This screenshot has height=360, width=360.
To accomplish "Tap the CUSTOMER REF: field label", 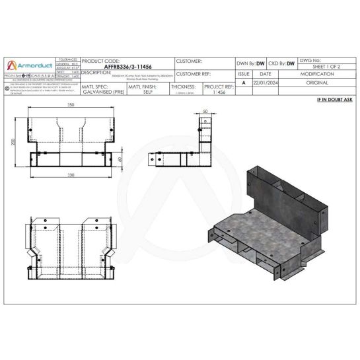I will coord(194,75).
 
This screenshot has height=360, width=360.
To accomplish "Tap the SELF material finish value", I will coord(148,93).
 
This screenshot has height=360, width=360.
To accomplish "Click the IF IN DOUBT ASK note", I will coord(334,99).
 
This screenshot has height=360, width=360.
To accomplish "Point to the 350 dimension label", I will coord(69,106).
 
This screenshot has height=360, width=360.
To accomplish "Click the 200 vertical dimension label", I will coord(13,142).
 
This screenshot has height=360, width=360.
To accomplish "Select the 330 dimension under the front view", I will coord(69,174).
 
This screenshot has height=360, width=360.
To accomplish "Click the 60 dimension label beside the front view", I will coord(120,159).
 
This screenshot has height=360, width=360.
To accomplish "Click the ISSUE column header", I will coord(244,75).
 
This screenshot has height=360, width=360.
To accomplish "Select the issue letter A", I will coord(244,83).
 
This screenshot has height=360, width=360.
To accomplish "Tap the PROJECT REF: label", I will coord(219,87).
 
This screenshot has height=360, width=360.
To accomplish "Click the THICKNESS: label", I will coord(183,87).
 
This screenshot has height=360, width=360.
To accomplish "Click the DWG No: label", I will coord(310,60).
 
